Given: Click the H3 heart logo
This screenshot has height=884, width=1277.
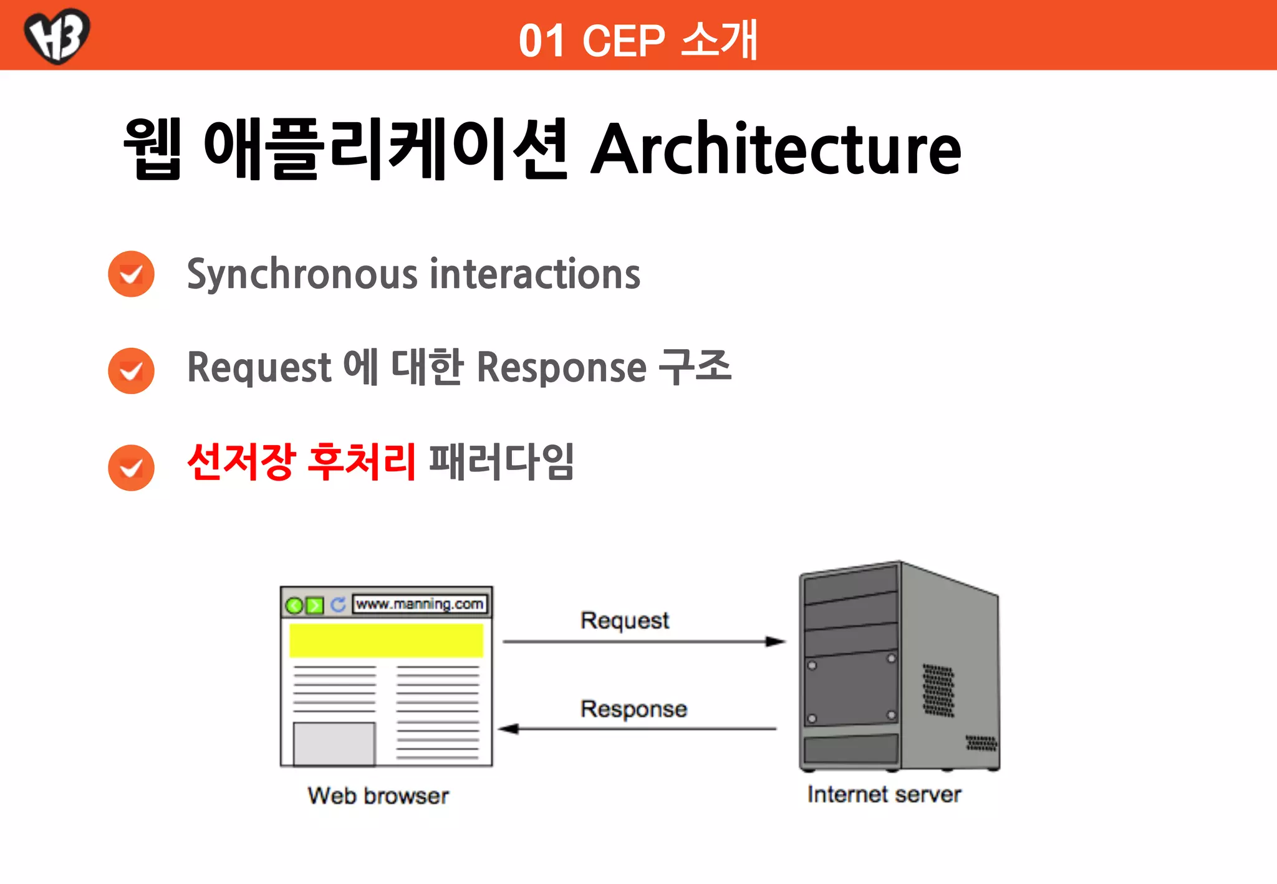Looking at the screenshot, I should click(x=57, y=36).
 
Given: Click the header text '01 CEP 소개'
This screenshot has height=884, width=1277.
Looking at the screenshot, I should click(x=638, y=41).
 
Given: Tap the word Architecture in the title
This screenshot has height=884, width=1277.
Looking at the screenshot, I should click(x=776, y=150).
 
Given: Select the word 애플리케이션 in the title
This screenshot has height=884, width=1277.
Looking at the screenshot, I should click(x=385, y=150).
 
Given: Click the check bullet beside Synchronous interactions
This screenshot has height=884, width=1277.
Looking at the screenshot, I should click(x=131, y=274).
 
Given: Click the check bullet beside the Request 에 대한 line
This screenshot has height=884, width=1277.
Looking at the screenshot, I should click(x=131, y=371).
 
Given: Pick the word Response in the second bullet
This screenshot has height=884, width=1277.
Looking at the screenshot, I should click(x=561, y=367).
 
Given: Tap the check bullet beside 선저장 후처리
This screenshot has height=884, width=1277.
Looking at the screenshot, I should click(x=131, y=468).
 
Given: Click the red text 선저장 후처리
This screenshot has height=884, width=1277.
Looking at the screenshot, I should click(x=301, y=462).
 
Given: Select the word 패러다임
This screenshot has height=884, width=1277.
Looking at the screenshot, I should click(x=501, y=462).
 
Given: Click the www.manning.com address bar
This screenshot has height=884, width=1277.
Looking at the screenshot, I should click(x=420, y=604).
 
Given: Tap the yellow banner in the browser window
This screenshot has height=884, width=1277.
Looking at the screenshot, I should click(x=386, y=640).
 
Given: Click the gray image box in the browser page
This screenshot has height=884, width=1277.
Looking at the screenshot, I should click(x=334, y=744).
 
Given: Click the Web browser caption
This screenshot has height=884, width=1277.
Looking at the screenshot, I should click(x=378, y=796).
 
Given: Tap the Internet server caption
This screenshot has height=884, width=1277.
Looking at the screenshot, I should click(x=884, y=794).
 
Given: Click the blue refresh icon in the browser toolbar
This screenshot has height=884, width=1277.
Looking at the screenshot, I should click(x=338, y=605).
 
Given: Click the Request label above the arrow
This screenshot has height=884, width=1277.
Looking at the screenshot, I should click(x=624, y=620).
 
